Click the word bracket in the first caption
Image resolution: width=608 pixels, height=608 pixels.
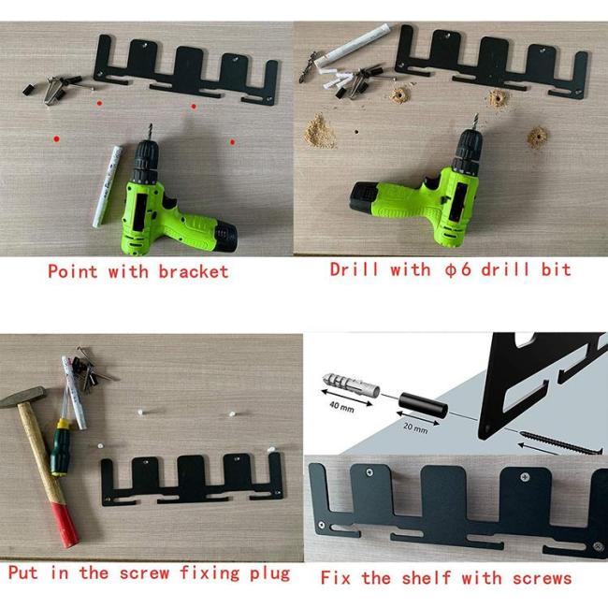pyautogui.click(x=194, y=271)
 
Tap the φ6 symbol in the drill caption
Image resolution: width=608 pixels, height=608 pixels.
pyautogui.click(x=458, y=269)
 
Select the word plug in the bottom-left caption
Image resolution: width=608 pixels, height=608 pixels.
pyautogui.click(x=270, y=574)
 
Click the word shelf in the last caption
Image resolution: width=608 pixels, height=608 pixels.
pyautogui.click(x=427, y=578)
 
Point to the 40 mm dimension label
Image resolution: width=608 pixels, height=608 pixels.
pyautogui.click(x=341, y=407)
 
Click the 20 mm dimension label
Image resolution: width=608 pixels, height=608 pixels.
pyautogui.click(x=415, y=427)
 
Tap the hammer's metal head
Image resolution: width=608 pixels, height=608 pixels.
pyautogui.click(x=22, y=398)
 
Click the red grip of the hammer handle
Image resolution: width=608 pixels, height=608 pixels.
pyautogui.click(x=65, y=525)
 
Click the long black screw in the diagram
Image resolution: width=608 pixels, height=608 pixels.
pyautogui.click(x=560, y=442)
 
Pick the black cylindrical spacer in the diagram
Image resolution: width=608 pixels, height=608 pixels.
pyautogui.click(x=423, y=405)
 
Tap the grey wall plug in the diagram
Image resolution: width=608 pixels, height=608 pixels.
pyautogui.click(x=351, y=384)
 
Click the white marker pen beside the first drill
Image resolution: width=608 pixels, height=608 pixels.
pyautogui.click(x=108, y=186)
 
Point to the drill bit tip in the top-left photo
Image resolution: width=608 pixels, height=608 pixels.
pyautogui.click(x=150, y=125)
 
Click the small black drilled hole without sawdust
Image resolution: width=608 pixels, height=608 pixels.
pyautogui.click(x=356, y=132)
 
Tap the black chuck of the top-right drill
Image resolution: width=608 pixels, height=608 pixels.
pyautogui.click(x=470, y=151)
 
